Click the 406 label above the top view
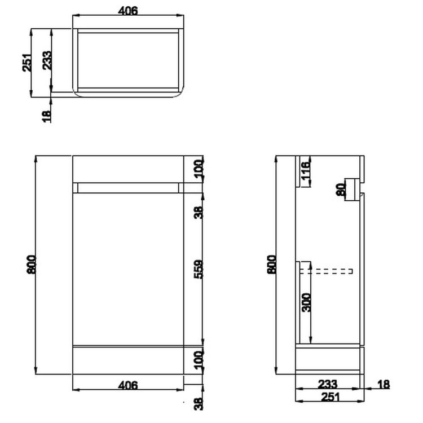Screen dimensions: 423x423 pyautogui.click(x=128, y=11)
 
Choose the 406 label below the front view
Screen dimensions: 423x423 pyautogui.click(x=128, y=385)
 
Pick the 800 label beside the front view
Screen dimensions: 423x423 pyautogui.click(x=31, y=265)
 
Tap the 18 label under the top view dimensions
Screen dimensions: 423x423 pyautogui.click(x=47, y=116)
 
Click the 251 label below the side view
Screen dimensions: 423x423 pyautogui.click(x=331, y=396)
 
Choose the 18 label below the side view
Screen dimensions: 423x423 pyautogui.click(x=383, y=385)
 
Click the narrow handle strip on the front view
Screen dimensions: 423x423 pyautogui.click(x=128, y=188)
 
